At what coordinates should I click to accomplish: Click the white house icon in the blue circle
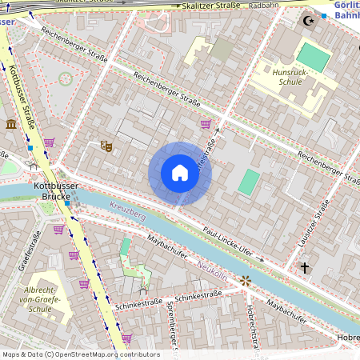tap(180, 174)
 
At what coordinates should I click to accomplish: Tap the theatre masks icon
tap(105, 146)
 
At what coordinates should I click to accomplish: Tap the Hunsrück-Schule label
tap(291, 77)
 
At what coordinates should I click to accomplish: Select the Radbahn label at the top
tap(263, 5)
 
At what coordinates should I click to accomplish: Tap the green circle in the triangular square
tap(66, 78)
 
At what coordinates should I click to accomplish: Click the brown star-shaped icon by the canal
tap(246, 281)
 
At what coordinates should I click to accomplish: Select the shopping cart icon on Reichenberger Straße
tap(206, 124)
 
